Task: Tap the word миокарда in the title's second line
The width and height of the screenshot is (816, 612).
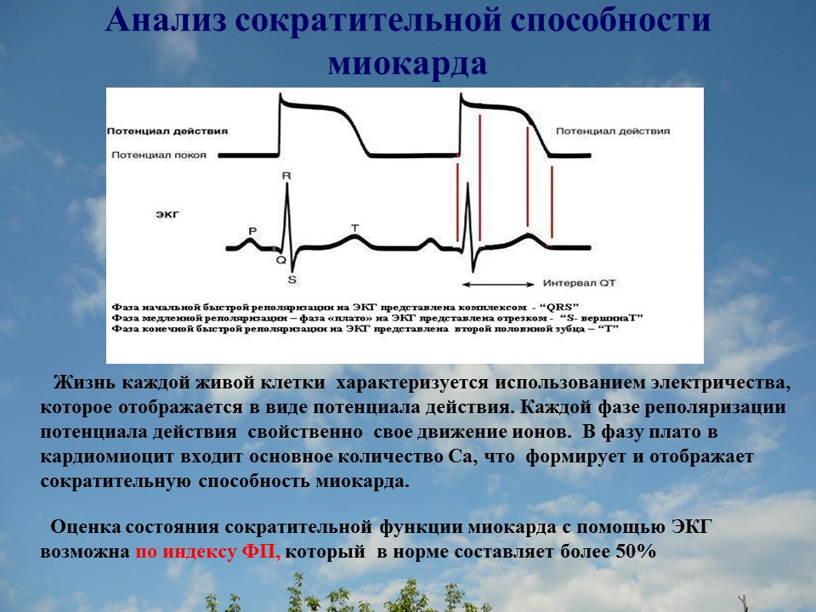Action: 408,65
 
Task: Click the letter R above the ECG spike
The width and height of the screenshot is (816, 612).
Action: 286,176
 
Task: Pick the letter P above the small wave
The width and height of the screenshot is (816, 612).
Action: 252,230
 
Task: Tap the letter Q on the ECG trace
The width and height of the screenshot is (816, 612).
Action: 280,260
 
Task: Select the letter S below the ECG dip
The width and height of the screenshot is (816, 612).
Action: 292,279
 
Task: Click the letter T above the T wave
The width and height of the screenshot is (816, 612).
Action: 354,228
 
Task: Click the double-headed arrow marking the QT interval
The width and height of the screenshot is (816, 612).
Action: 501,283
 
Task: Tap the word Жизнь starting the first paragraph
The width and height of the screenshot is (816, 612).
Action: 81,383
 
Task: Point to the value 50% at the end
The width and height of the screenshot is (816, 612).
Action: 633,551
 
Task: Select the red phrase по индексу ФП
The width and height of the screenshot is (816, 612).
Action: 207,551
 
